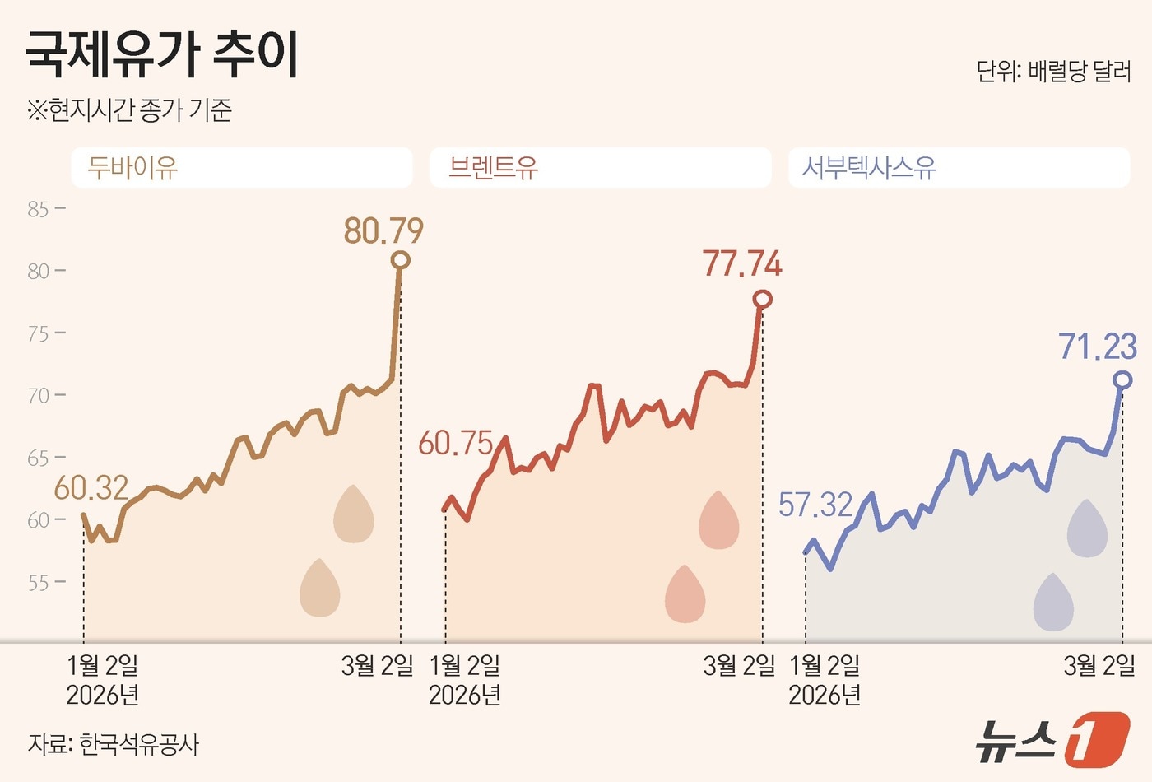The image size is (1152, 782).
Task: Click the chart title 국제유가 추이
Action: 162,54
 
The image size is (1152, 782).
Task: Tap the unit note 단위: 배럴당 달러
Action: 1053,72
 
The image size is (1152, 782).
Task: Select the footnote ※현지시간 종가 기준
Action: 129,109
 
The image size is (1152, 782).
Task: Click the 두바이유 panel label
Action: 132,168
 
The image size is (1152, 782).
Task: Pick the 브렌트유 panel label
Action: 493,168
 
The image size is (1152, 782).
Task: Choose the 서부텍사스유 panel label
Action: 869,168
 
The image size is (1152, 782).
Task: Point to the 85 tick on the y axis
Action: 38,209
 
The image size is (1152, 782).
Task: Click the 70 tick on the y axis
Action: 38,396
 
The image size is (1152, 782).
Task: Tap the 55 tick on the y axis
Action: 38,583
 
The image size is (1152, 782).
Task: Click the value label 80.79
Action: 383,231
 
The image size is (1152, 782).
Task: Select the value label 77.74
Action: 742,264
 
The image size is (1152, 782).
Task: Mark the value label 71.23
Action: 1098,347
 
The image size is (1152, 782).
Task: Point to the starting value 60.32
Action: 91,488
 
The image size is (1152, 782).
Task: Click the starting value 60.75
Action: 455,444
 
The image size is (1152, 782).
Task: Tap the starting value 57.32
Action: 815,505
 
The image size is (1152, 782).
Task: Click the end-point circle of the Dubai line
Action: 401,260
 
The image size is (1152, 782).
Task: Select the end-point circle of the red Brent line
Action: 763,299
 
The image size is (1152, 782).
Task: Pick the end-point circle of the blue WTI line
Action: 1122,379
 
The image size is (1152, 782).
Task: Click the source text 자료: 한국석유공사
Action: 114,744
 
